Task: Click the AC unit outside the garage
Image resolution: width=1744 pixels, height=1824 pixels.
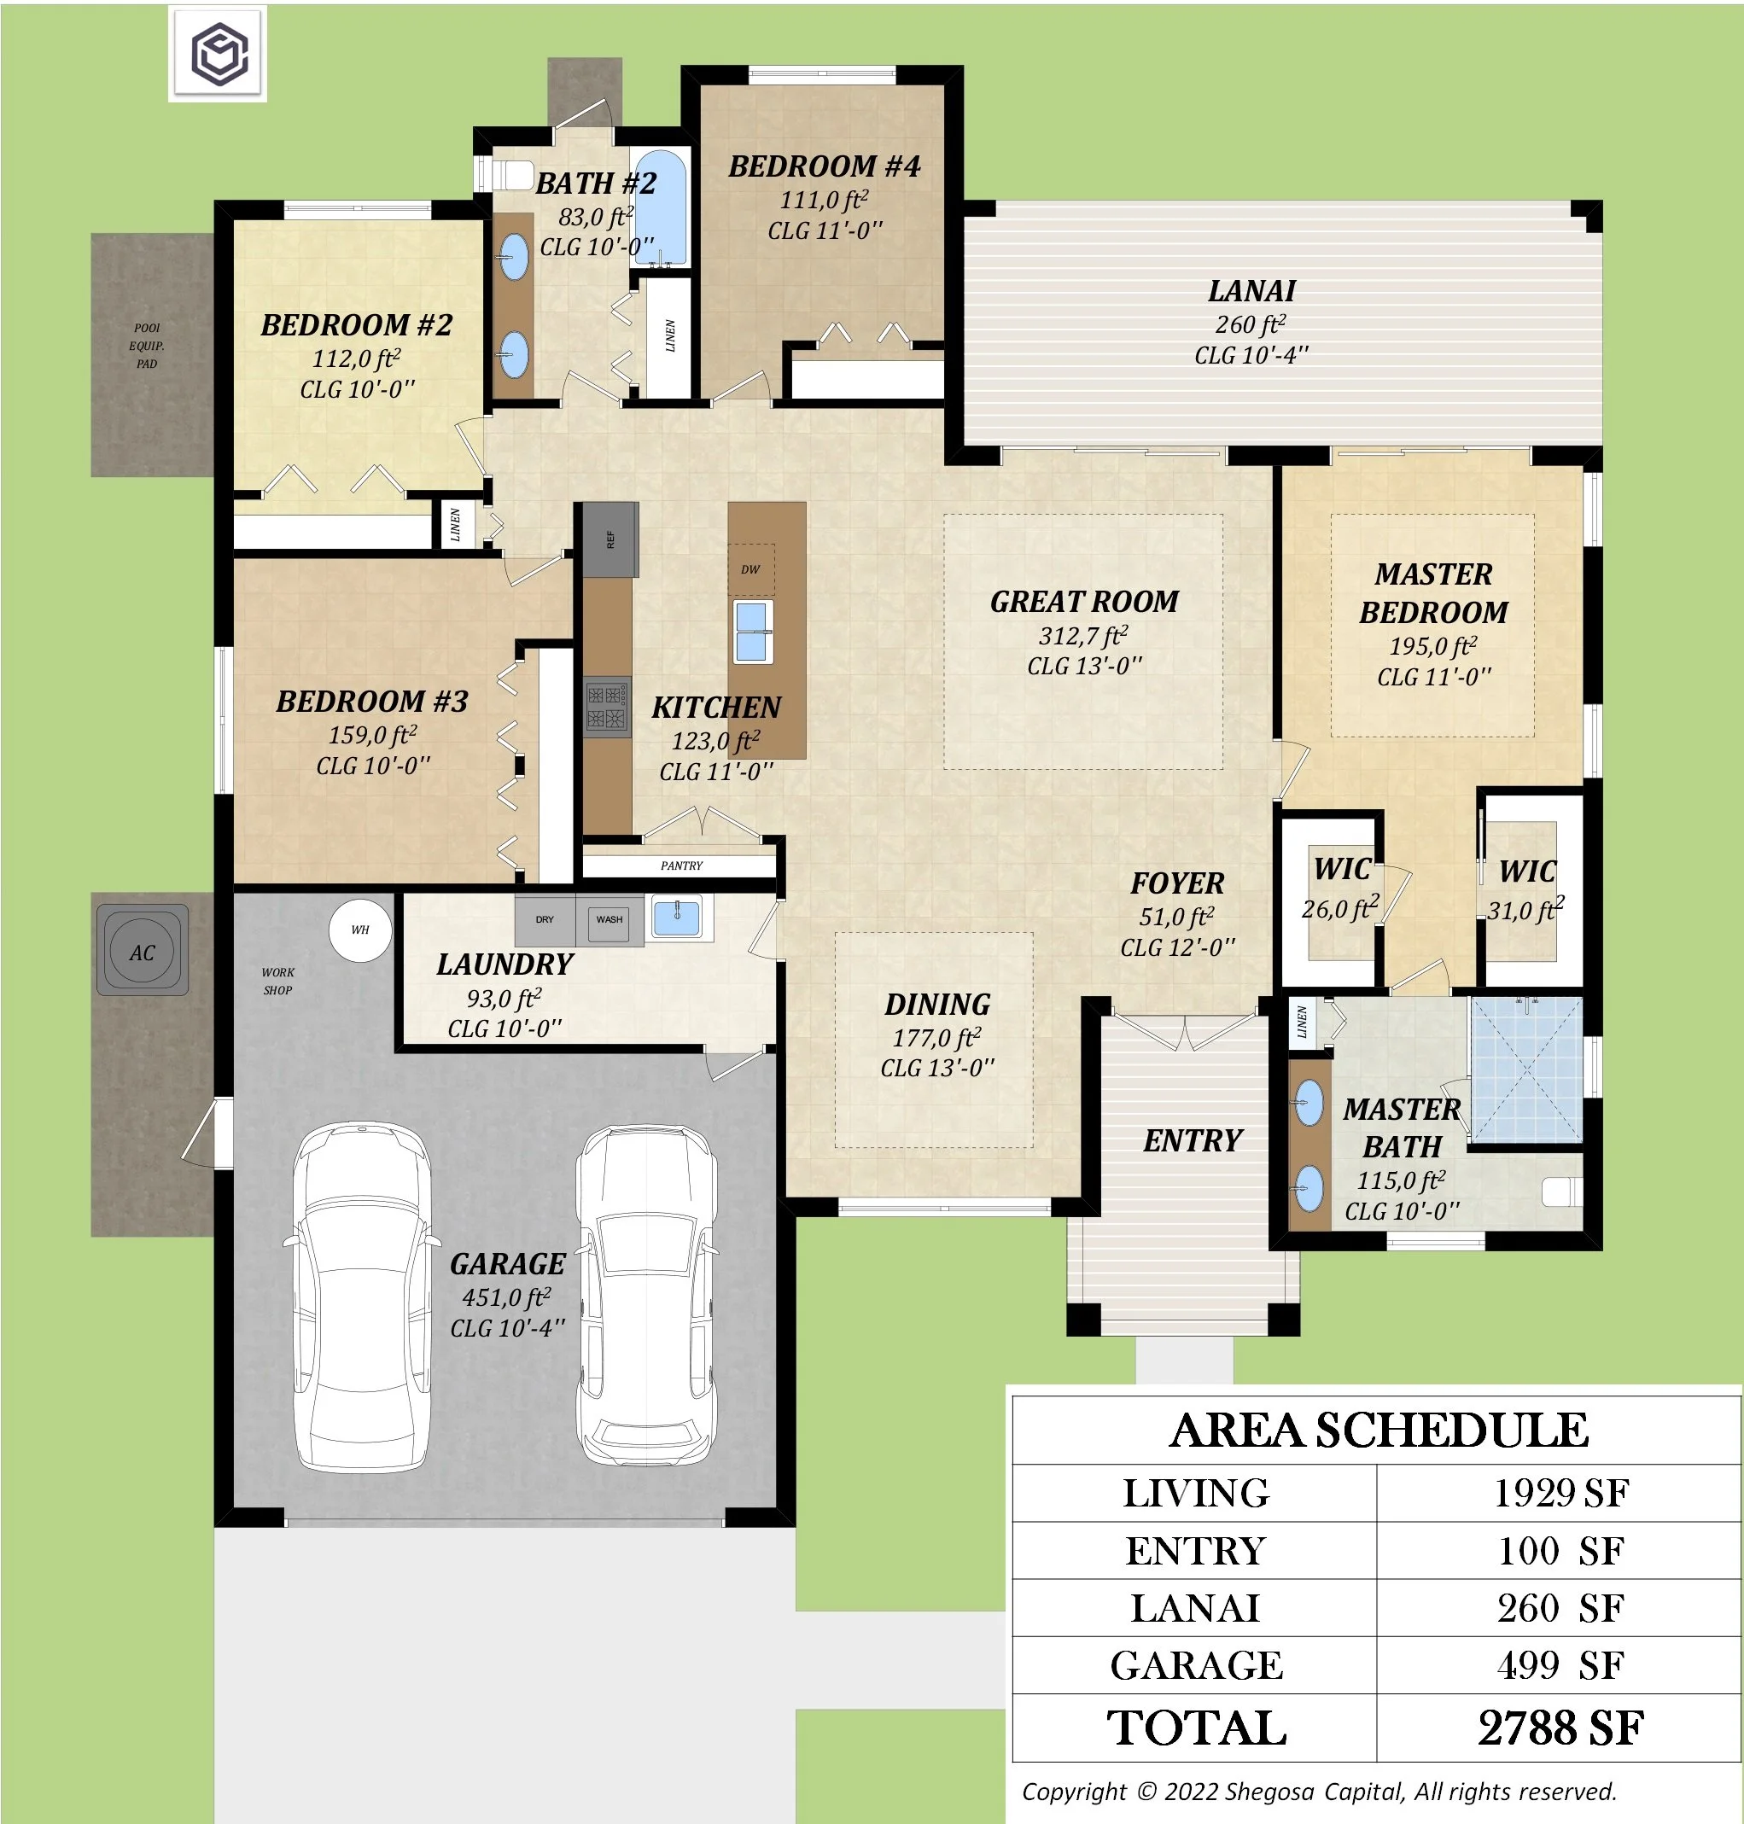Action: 143,950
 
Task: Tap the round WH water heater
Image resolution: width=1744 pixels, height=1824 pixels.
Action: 359,929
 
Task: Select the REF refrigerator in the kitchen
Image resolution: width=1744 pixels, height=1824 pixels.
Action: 610,539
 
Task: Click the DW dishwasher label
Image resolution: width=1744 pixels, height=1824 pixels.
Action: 750,570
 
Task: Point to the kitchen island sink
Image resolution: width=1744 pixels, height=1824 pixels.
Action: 752,632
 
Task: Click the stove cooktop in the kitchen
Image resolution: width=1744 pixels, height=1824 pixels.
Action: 607,707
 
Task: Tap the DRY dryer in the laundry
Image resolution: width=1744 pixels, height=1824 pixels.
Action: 545,919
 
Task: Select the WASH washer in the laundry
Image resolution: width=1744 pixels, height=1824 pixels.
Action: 610,919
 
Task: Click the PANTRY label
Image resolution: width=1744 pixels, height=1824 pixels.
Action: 681,865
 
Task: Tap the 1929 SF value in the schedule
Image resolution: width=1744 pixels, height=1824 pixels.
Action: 1560,1493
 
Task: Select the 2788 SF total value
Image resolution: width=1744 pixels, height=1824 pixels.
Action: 1560,1728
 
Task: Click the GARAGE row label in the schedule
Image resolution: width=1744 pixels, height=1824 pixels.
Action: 1197,1665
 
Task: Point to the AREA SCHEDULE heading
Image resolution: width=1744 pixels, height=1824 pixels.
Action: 1379,1430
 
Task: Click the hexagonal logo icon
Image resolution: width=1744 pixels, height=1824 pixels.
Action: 219,53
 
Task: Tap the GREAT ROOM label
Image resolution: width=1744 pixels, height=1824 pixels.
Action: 1084,602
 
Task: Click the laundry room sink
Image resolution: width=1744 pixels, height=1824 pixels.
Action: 677,918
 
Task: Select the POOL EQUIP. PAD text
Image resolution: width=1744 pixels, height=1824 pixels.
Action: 147,346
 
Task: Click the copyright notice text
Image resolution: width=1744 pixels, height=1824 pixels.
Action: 1319,1792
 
